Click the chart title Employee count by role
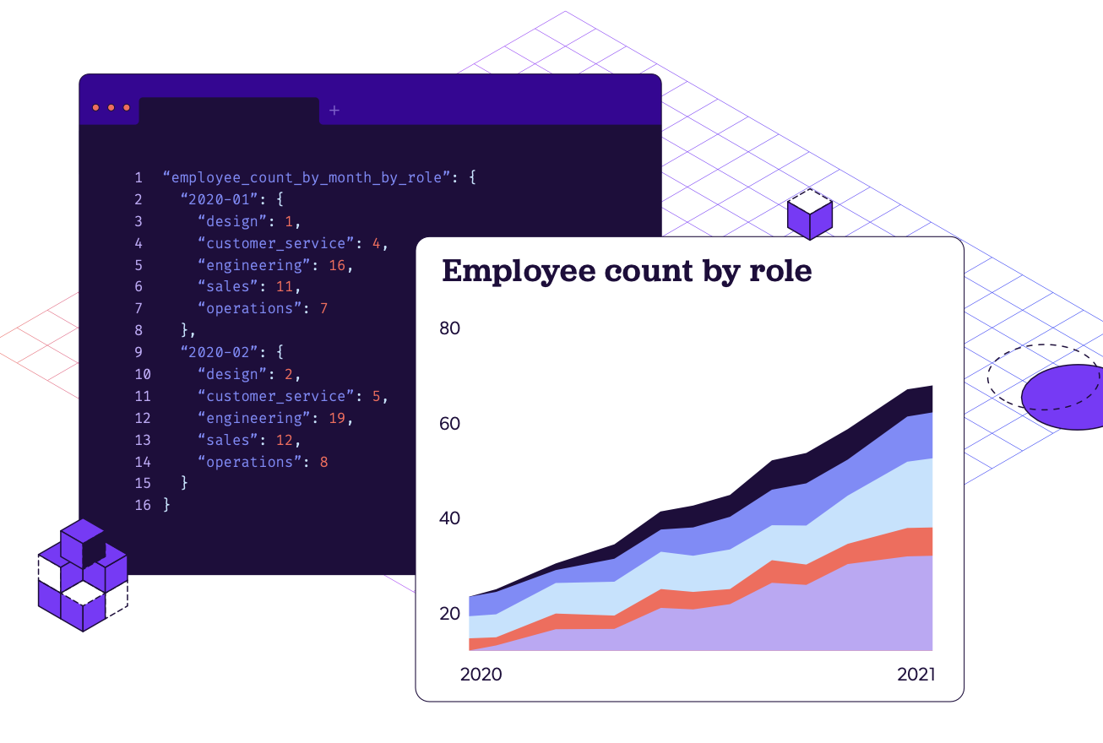(x=626, y=272)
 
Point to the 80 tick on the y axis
(x=449, y=328)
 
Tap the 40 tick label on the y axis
(x=449, y=518)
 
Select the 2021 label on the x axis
(x=916, y=675)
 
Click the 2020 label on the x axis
(x=481, y=675)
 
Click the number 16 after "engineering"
(x=337, y=265)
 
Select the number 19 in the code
(x=337, y=418)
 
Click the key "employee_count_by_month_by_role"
(x=306, y=178)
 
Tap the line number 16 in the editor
(x=142, y=505)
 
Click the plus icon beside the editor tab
(x=334, y=111)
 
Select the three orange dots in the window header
(x=111, y=108)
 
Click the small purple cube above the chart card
(x=809, y=216)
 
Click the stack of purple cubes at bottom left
(x=82, y=576)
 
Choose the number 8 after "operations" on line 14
(x=323, y=462)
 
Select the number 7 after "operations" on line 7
(x=323, y=309)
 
